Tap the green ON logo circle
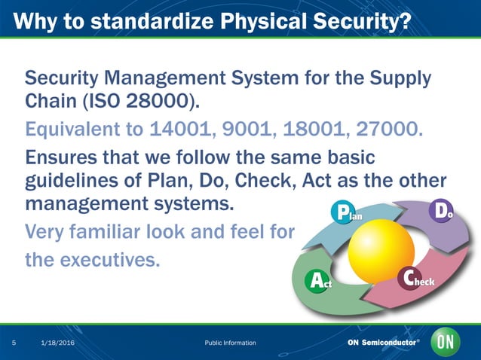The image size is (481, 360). pos(445,343)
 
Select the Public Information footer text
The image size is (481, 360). pos(230,343)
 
